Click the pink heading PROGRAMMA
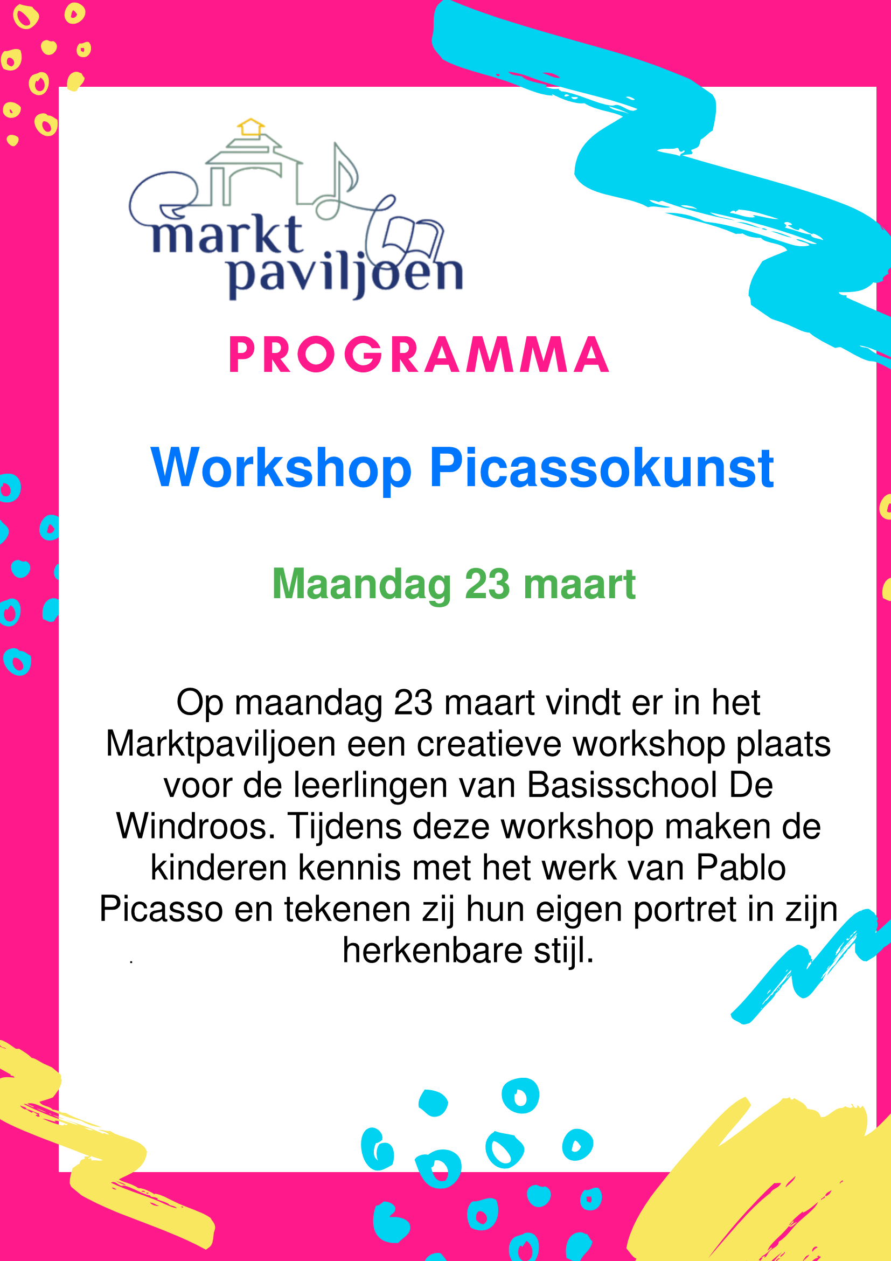point(419,355)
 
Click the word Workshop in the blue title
point(281,468)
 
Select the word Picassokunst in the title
point(602,467)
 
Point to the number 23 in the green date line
point(488,583)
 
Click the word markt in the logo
point(227,234)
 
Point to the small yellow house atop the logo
point(251,127)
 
